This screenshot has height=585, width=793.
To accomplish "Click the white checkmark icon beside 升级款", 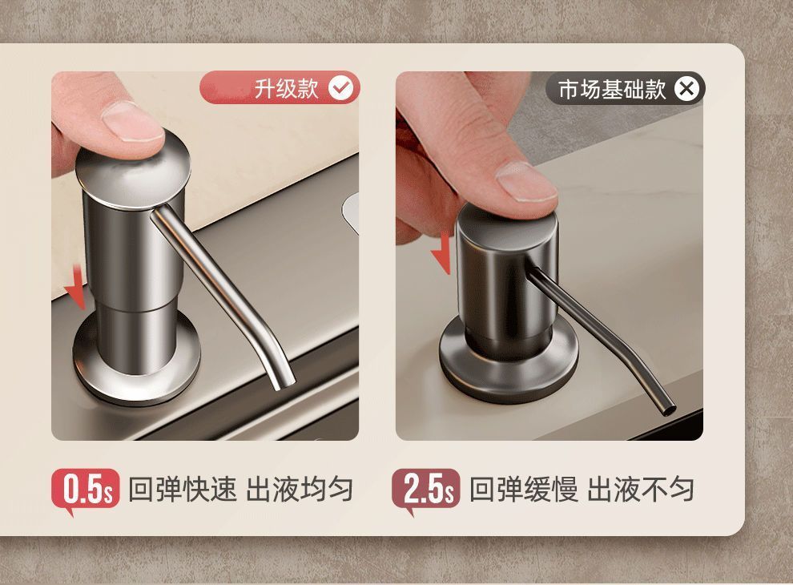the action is [x=341, y=89].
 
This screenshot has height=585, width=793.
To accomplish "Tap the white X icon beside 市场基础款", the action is [x=686, y=89].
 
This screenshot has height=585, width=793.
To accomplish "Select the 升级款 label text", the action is [x=286, y=89].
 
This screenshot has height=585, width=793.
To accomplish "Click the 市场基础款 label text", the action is [x=612, y=89].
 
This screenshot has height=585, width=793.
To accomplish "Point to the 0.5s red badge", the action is [x=86, y=490].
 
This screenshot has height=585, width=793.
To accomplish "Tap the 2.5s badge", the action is [x=426, y=490].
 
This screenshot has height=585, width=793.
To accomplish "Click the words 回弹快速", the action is [x=182, y=489].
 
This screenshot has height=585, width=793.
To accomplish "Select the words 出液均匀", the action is [x=300, y=489].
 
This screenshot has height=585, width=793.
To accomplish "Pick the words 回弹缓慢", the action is [x=523, y=489].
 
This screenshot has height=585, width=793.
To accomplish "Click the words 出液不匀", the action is [x=641, y=489].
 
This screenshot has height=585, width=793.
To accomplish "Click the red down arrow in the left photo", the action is [x=77, y=288].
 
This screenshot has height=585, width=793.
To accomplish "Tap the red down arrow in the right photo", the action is [x=441, y=253].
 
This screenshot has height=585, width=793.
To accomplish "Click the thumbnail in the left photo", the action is [x=132, y=122].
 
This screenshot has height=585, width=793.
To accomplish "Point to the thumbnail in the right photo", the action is [x=526, y=183].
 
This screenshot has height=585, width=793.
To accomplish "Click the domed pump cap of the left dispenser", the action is [x=133, y=170].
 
